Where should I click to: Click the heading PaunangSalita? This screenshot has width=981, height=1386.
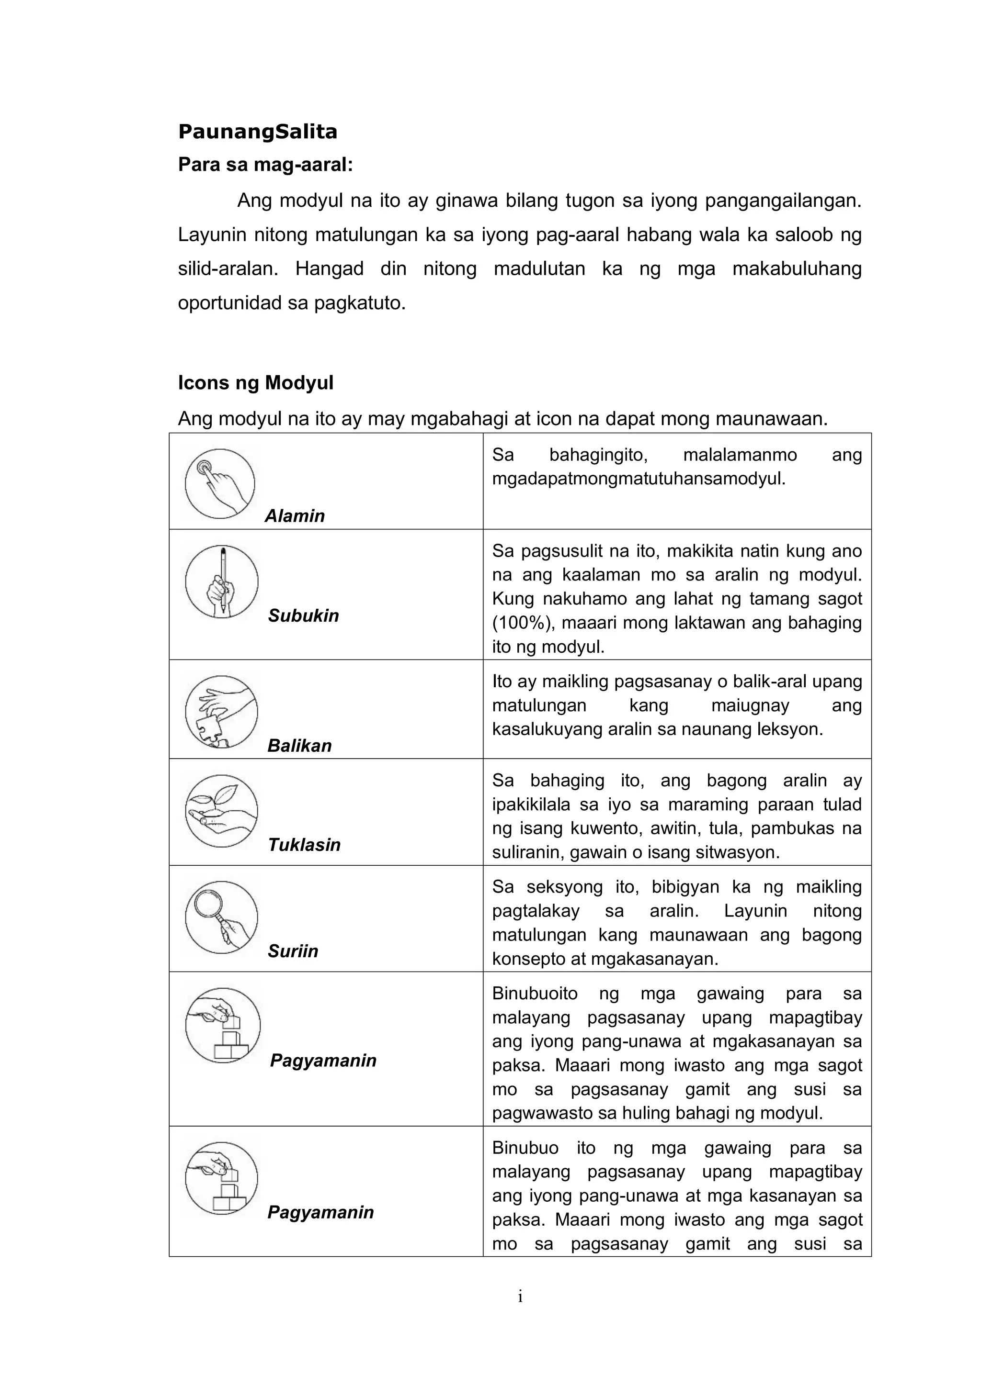(257, 132)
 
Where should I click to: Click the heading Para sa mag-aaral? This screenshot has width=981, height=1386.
(265, 164)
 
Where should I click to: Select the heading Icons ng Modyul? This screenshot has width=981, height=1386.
(255, 383)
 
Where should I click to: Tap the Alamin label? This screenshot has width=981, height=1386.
(295, 515)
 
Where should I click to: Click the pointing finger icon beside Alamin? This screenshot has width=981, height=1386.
(220, 483)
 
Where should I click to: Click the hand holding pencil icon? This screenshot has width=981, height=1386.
(222, 581)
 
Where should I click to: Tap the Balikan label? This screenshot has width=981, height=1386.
(299, 746)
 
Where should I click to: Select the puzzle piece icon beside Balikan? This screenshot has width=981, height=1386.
(221, 712)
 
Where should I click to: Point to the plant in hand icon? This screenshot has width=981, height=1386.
(221, 811)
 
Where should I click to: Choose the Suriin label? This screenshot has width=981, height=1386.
(293, 951)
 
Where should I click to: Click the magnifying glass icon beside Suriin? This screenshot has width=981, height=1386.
(221, 917)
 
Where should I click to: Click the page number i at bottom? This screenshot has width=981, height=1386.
(520, 1297)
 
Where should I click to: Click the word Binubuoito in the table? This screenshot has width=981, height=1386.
(535, 993)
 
